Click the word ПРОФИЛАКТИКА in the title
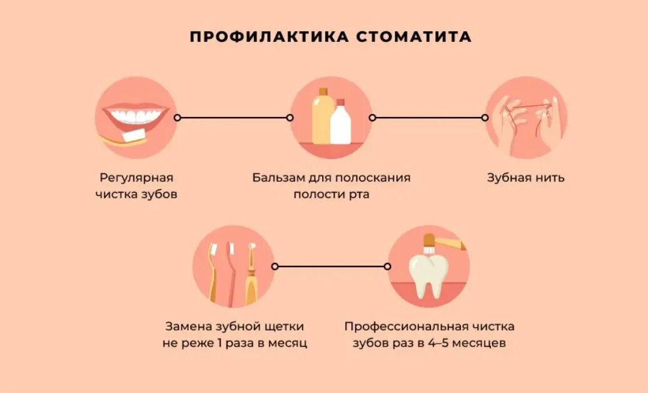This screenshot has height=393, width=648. (x=268, y=36)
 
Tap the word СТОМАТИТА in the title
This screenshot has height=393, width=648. (x=413, y=36)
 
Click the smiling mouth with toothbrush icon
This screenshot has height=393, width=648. (x=134, y=118)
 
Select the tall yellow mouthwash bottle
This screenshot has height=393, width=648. (x=321, y=117)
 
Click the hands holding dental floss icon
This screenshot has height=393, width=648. (x=526, y=118)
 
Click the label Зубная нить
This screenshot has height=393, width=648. (x=525, y=178)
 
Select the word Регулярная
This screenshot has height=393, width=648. (x=136, y=178)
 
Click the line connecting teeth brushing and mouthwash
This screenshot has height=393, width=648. (x=233, y=118)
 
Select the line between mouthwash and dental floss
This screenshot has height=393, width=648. (x=428, y=118)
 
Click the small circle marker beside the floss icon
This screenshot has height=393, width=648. (x=485, y=118)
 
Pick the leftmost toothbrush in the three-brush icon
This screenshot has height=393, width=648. (x=213, y=272)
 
